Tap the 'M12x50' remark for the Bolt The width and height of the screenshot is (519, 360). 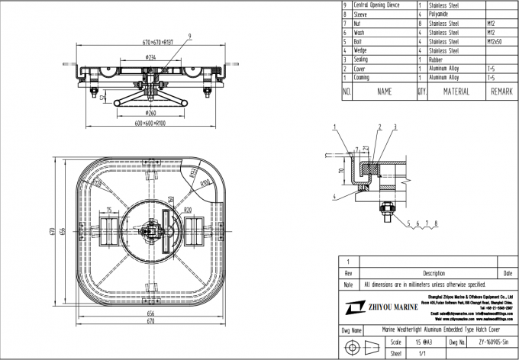500,41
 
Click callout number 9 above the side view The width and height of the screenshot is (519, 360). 169,35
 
